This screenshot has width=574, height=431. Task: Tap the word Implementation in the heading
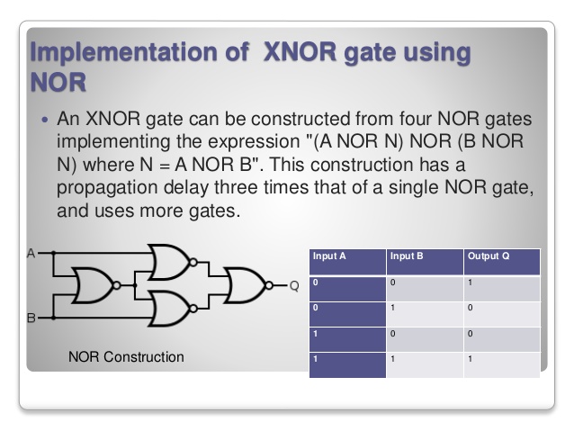(x=134, y=51)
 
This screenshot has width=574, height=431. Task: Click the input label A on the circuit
(x=30, y=253)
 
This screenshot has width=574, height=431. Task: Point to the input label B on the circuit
(x=30, y=318)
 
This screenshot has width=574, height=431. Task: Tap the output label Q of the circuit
(x=293, y=287)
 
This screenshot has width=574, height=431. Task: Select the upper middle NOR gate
(x=171, y=263)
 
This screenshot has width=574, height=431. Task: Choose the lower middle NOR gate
(x=171, y=309)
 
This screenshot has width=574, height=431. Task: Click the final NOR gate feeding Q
(x=247, y=286)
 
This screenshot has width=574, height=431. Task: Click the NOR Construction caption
(x=126, y=357)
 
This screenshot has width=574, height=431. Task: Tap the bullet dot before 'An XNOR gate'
(x=45, y=120)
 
